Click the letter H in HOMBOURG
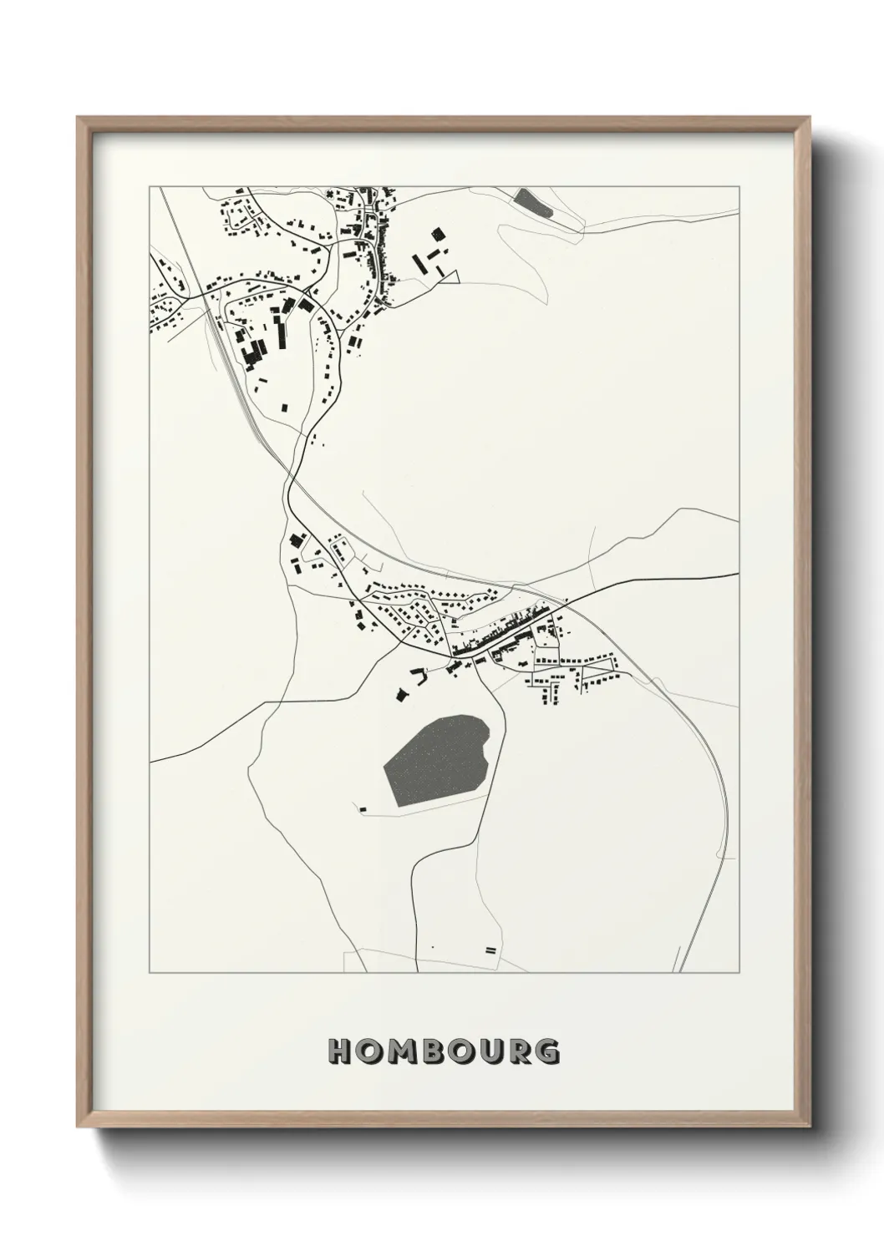point(340,1051)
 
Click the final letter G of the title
point(547,1051)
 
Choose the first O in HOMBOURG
point(368,1051)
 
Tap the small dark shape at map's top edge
point(532,202)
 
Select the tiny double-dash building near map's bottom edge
point(490,950)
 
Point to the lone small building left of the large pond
point(363,808)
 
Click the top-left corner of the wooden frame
point(78,118)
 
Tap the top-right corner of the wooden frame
point(811,118)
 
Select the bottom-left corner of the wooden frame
point(78,1127)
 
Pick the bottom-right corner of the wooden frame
point(811,1127)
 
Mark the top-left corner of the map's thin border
point(150,187)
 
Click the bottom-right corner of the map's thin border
point(739,973)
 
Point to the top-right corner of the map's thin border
point(739,187)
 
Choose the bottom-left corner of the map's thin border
point(150,973)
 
